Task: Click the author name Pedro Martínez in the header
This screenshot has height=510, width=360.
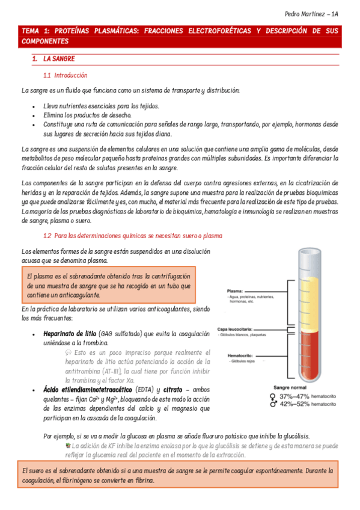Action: click(x=307, y=14)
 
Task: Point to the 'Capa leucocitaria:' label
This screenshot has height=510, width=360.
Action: click(x=243, y=330)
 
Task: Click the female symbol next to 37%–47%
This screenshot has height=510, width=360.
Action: click(x=274, y=396)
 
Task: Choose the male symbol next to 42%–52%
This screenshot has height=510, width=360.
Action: click(x=274, y=405)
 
